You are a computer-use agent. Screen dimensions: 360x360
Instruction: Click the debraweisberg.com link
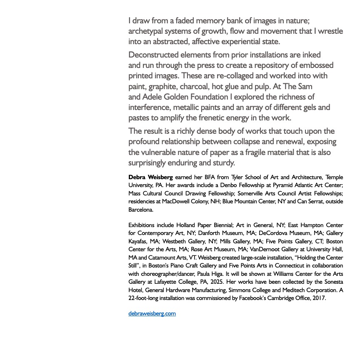(x=152, y=314)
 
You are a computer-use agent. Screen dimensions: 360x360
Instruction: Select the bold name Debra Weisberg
(x=150, y=177)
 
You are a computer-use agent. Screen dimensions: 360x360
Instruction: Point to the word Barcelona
(x=141, y=210)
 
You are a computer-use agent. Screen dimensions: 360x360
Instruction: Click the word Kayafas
(x=138, y=241)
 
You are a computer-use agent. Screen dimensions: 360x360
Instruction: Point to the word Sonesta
(x=332, y=282)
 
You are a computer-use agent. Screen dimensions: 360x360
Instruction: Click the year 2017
(x=318, y=298)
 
